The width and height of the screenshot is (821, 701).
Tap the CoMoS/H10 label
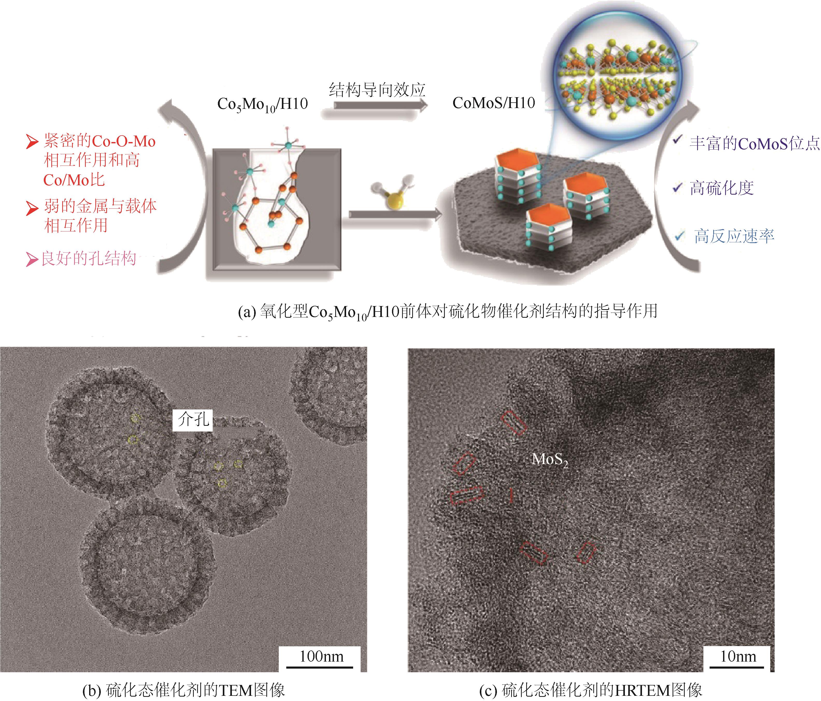pos(494,103)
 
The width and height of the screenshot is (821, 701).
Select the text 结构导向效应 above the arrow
pos(377,90)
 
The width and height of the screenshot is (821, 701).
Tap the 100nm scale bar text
pos(321,657)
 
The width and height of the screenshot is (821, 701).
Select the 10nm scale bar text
pos(738,657)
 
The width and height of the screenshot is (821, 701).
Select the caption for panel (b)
pos(183,690)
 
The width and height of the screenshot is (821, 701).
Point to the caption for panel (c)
pos(590,690)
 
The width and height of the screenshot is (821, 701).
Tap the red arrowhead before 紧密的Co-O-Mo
pos(32,141)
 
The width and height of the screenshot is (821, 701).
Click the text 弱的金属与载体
pos(100,207)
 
